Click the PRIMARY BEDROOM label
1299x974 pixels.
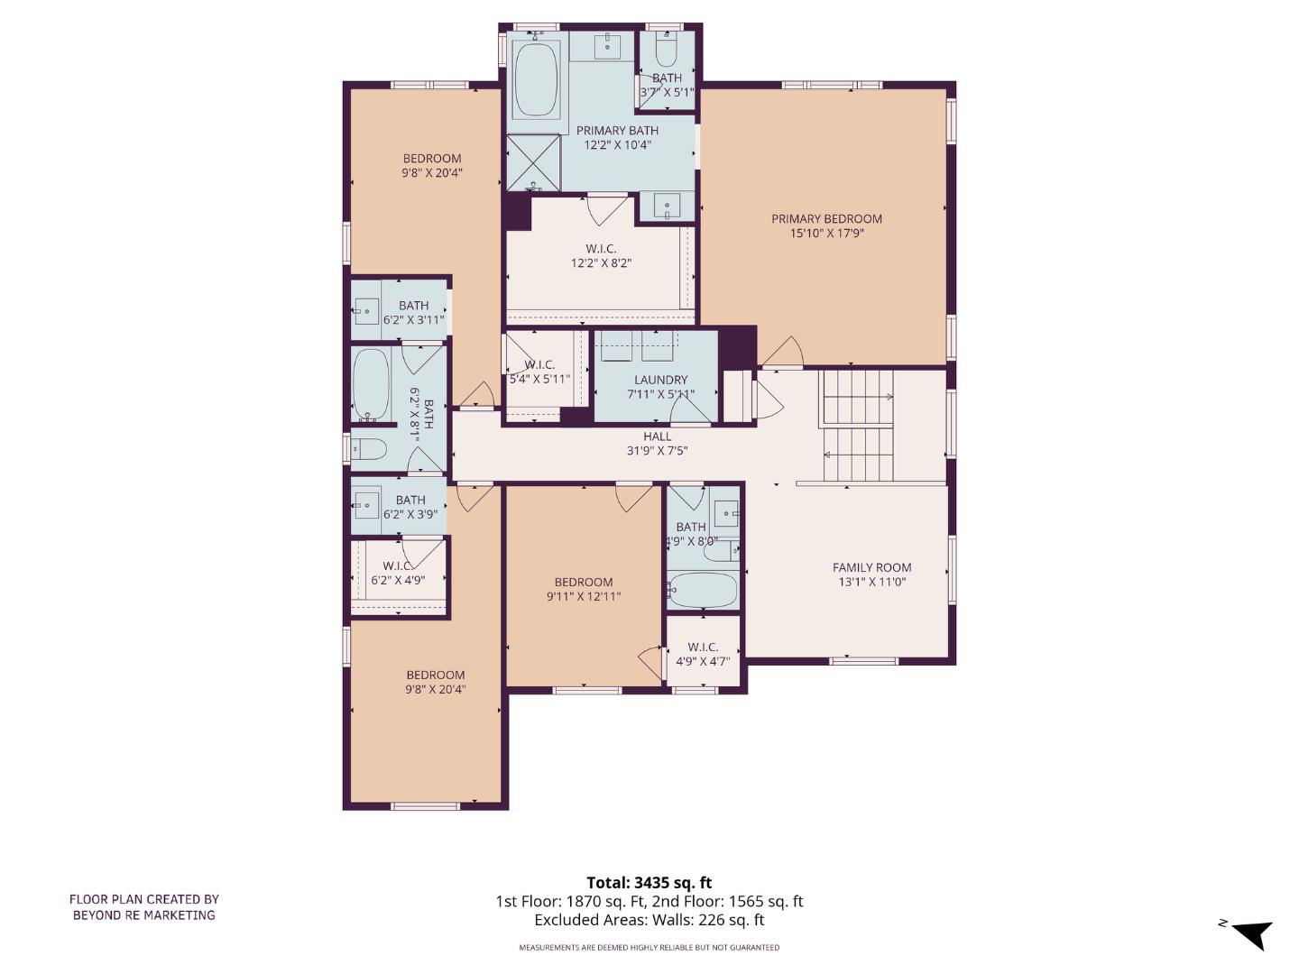pyautogui.click(x=826, y=219)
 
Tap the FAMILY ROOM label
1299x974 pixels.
pyautogui.click(x=871, y=567)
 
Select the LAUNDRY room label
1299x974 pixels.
pyautogui.click(x=660, y=380)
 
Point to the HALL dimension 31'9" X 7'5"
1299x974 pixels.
pyautogui.click(x=658, y=451)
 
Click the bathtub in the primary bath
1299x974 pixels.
pyautogui.click(x=536, y=78)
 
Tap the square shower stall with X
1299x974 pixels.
pyautogui.click(x=533, y=162)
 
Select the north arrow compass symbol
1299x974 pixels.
pyautogui.click(x=1250, y=933)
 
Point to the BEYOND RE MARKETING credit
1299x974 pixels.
pyautogui.click(x=144, y=914)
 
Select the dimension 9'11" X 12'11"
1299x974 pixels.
pyautogui.click(x=584, y=596)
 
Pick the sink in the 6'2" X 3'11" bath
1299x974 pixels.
pyautogui.click(x=366, y=313)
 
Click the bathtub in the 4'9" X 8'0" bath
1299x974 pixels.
pyautogui.click(x=704, y=591)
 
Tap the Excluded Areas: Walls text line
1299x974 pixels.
pyautogui.click(x=649, y=920)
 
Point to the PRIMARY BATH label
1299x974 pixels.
pyautogui.click(x=617, y=131)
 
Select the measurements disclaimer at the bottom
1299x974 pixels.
pyautogui.click(x=649, y=948)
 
